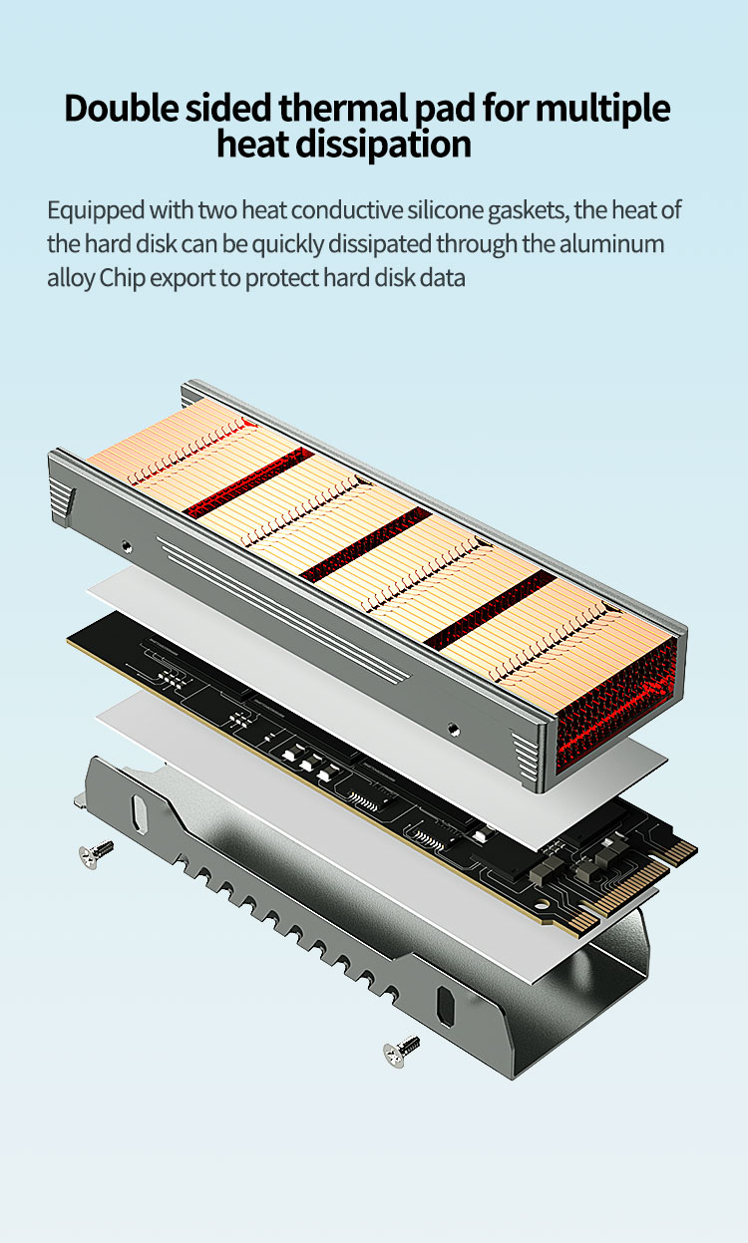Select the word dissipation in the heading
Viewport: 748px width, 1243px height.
383,145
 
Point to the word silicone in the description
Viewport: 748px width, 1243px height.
444,210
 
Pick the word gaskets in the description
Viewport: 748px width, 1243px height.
529,211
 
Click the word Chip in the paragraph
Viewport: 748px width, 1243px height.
122,278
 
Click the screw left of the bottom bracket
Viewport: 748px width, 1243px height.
96,853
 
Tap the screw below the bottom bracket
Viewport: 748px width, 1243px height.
402,1051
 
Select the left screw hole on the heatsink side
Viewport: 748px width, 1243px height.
127,546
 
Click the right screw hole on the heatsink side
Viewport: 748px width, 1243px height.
454,729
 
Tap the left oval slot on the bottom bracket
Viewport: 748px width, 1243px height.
140,813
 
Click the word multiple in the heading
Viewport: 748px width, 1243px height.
602,108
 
